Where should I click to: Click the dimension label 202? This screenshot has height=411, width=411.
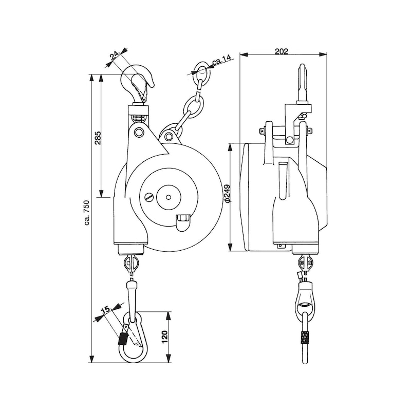click(281, 51)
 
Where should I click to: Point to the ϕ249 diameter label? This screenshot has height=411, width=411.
click(227, 194)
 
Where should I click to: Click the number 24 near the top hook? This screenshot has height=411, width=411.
click(115, 57)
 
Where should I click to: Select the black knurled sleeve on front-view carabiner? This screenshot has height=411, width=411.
click(123, 339)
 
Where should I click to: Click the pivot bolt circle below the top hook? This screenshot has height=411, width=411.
click(138, 133)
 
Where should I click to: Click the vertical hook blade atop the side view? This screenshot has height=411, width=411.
click(303, 82)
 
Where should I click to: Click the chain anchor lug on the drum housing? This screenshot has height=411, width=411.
click(169, 137)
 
